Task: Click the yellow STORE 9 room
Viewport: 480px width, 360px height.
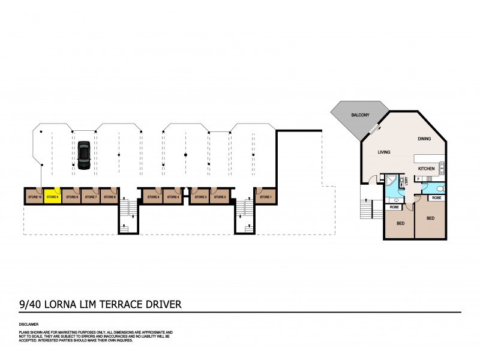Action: coord(52,196)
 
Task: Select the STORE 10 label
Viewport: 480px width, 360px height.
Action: coord(34,197)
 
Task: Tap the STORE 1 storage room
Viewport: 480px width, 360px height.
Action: coord(265,196)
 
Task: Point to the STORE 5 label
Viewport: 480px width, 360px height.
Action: coord(153,197)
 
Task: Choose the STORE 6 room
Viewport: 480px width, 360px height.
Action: coord(109,196)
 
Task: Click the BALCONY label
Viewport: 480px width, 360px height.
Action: coord(360,113)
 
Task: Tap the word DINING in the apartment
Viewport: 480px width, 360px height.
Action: coord(424,139)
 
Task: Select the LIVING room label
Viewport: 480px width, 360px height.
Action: coord(384,152)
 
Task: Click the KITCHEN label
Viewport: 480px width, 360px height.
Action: coord(427,169)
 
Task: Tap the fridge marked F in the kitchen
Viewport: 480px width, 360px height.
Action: coord(418,178)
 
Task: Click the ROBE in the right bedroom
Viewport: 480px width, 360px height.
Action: coord(437,197)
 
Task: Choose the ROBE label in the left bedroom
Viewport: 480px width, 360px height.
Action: coord(394,207)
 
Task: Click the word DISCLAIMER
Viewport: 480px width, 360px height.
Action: coord(29,324)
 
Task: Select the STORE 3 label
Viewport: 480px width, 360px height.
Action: coord(200,197)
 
